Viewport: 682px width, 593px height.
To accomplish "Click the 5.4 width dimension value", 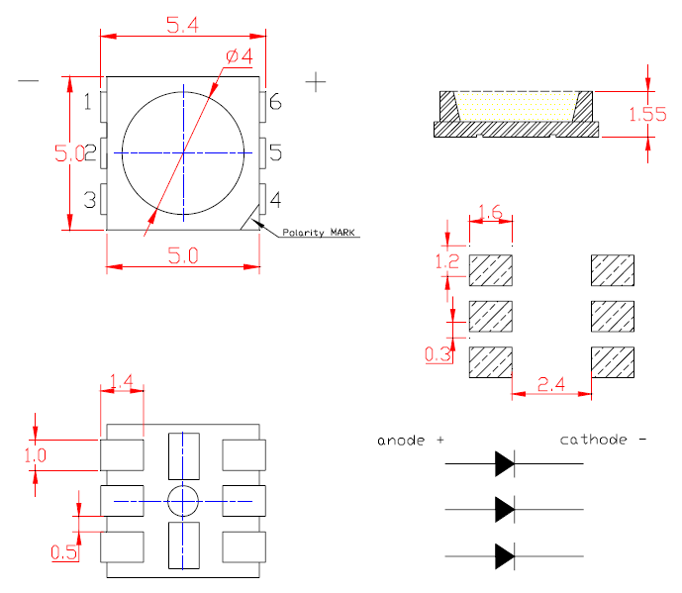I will tap(182, 27).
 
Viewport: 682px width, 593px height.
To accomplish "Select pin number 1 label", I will tap(89, 102).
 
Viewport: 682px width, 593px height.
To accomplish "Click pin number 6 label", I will tap(275, 102).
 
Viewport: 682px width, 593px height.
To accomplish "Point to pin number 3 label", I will tap(89, 200).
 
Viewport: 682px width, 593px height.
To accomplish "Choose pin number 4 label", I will tap(275, 200).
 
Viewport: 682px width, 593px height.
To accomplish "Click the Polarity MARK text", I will tap(319, 233).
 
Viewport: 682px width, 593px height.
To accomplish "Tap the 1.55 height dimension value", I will tap(647, 114).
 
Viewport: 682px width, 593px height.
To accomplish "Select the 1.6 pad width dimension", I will tap(492, 212).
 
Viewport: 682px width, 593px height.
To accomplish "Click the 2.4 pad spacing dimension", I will tap(551, 382).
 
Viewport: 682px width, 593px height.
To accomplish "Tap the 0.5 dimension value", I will tap(63, 552).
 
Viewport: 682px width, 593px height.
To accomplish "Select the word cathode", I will tap(593, 440).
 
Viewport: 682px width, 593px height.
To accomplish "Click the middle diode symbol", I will tap(505, 510).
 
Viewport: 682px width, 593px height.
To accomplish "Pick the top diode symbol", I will tap(505, 462).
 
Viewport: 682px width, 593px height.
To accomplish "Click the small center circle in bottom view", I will tap(183, 502).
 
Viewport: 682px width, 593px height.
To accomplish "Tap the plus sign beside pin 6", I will tap(316, 81).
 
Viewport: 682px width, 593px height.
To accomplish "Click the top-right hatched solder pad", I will tap(612, 269).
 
